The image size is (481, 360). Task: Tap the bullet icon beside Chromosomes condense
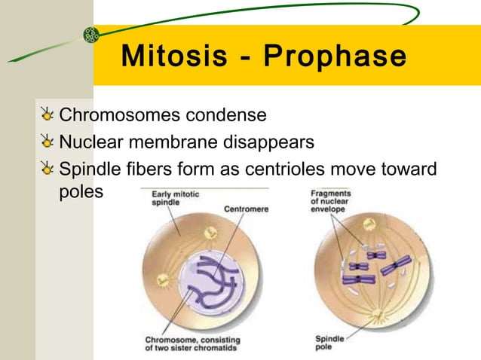[x=48, y=116]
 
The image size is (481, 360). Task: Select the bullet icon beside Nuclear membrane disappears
[x=48, y=142]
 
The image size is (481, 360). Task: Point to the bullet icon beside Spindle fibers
[x=48, y=168]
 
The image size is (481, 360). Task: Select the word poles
[x=80, y=192]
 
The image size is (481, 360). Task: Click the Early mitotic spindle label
[x=176, y=199]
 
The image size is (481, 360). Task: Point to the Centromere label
[x=246, y=208]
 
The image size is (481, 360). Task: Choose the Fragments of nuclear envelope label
[x=330, y=201]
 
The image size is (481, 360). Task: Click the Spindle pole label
[x=329, y=343]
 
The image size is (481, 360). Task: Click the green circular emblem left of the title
[x=90, y=35]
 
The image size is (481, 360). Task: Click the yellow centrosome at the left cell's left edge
[x=161, y=281]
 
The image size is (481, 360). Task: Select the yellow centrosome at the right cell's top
[x=369, y=224]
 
